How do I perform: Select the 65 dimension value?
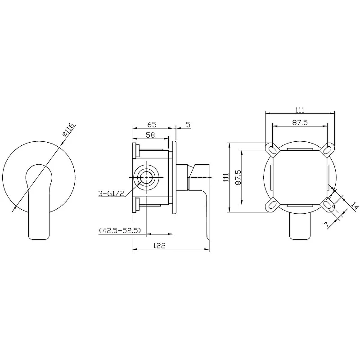(x=152, y=125)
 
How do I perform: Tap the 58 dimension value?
(x=150, y=135)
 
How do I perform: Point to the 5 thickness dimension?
(x=188, y=125)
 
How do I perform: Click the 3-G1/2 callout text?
(x=111, y=193)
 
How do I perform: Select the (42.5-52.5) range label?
(x=120, y=230)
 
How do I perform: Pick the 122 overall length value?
(x=159, y=246)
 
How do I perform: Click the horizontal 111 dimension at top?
(x=300, y=110)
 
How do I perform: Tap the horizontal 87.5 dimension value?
(x=300, y=122)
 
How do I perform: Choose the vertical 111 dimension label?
(x=226, y=177)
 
